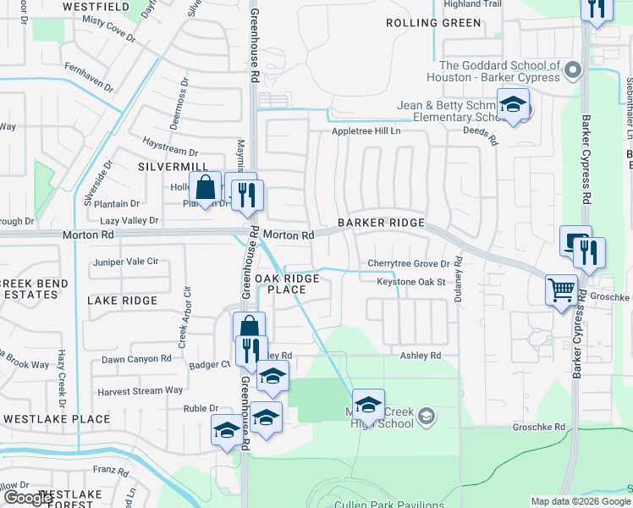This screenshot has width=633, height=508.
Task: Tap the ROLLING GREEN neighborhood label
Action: [x=433, y=23]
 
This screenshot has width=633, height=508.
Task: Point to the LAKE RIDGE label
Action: [x=122, y=301]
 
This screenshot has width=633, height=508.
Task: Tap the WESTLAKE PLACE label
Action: [x=57, y=419]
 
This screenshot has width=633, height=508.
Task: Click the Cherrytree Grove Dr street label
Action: [x=408, y=264]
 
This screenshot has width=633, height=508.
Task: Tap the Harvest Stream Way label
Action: [x=140, y=390]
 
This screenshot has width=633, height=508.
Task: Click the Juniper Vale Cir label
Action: [x=126, y=262]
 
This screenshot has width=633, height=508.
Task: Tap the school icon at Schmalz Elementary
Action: [x=513, y=104]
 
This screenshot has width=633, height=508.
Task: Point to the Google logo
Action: [x=28, y=498]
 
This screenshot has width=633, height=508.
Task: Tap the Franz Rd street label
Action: [x=109, y=468]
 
